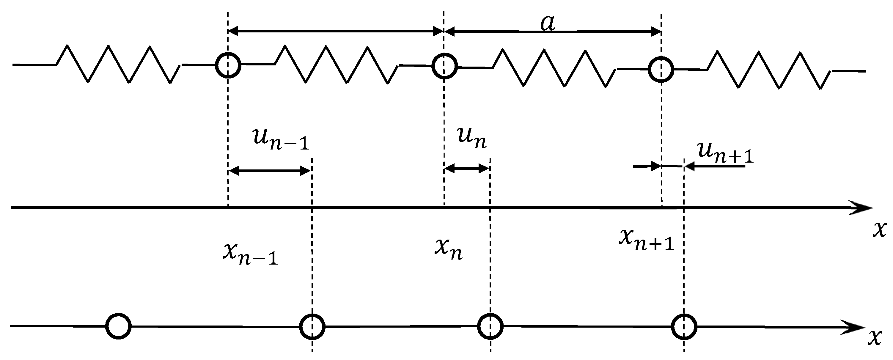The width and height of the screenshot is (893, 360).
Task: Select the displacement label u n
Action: (x=472, y=138)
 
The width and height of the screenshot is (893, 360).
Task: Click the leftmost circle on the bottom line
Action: (x=119, y=326)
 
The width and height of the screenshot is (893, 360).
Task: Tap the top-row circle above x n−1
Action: (x=228, y=65)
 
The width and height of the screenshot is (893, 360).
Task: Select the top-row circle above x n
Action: (x=444, y=66)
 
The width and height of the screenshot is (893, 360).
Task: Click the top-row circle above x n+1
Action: (x=661, y=69)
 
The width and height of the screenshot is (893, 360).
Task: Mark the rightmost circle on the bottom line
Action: (x=684, y=327)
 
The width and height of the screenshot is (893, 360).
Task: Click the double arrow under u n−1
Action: (x=270, y=171)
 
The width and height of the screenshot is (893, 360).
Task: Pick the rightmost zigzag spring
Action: (x=769, y=70)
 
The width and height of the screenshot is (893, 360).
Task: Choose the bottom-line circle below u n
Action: (x=490, y=326)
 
